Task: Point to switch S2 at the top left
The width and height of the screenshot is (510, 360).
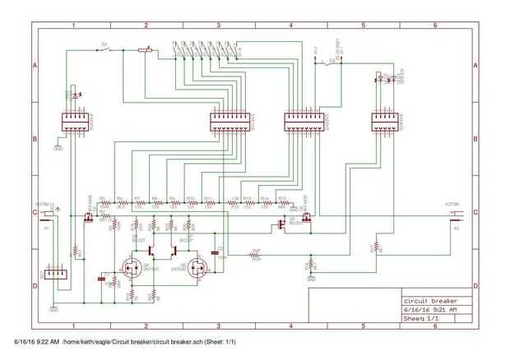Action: click(x=104, y=49)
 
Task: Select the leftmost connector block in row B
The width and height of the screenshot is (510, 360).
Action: click(x=75, y=122)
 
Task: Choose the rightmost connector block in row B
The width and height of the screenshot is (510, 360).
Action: click(x=384, y=122)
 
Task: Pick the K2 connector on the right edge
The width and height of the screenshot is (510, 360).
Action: click(x=455, y=215)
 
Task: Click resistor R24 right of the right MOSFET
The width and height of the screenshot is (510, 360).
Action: click(x=256, y=256)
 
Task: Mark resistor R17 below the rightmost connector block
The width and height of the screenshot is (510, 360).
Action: click(x=376, y=247)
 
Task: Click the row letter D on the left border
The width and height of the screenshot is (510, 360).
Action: click(x=35, y=285)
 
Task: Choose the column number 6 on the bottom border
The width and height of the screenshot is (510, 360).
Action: click(x=435, y=325)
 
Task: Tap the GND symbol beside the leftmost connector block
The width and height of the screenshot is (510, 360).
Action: click(x=58, y=148)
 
